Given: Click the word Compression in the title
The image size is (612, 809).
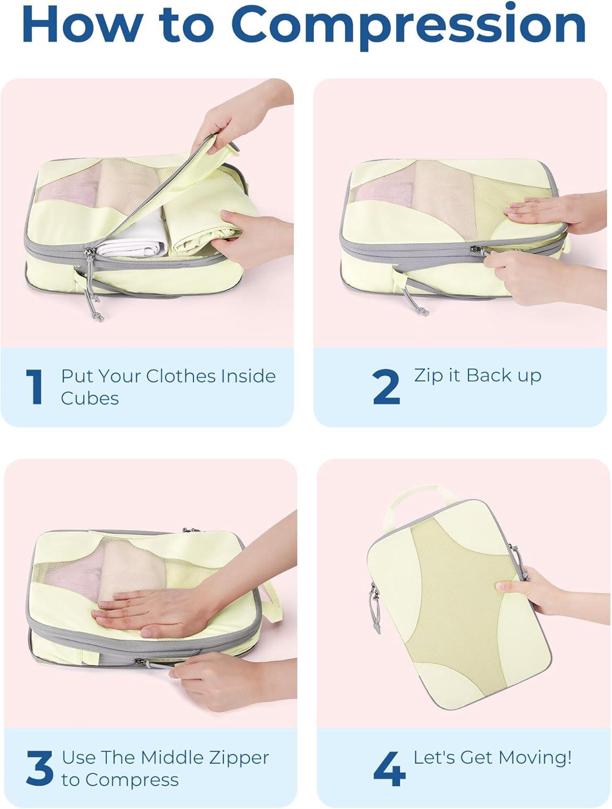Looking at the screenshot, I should point(409,25).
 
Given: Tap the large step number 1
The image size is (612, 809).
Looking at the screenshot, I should point(35,387).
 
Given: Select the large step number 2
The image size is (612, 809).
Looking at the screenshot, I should point(386,387).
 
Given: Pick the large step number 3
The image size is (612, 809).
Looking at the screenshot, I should point(39,768).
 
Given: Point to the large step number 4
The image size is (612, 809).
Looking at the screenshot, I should point(389,768).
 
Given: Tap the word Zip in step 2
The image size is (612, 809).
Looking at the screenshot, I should point(428,376).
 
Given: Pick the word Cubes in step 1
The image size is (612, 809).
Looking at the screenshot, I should point(90,399).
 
